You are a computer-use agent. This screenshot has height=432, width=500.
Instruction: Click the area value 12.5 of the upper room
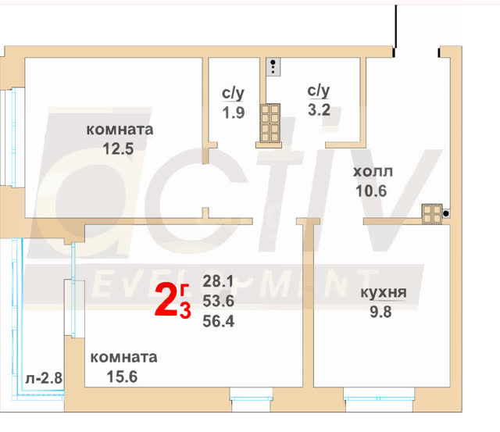pyautogui.click(x=118, y=148)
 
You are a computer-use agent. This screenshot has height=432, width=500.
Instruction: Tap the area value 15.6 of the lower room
pyautogui.click(x=122, y=377)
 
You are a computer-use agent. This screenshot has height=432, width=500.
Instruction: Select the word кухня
pyautogui.click(x=384, y=293)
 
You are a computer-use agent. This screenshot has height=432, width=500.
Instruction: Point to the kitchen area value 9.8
pyautogui.click(x=380, y=312)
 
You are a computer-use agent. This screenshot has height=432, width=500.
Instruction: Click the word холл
pyautogui.click(x=373, y=172)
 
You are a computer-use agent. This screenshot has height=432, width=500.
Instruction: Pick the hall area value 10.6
pyautogui.click(x=371, y=191)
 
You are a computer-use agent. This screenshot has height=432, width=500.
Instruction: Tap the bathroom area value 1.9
pyautogui.click(x=234, y=112)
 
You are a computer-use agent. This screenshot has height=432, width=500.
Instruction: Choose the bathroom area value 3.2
pyautogui.click(x=319, y=110)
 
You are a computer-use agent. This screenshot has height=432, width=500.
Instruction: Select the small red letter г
pyautogui.click(x=184, y=289)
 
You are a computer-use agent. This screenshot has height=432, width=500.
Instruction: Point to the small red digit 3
pyautogui.click(x=185, y=310)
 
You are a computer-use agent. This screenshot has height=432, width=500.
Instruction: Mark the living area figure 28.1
pyautogui.click(x=218, y=281)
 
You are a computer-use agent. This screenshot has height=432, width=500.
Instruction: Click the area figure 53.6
pyautogui.click(x=219, y=301)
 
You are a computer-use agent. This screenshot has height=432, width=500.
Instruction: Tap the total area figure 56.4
pyautogui.click(x=219, y=321)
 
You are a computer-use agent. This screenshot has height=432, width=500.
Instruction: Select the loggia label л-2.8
pyautogui.click(x=44, y=378)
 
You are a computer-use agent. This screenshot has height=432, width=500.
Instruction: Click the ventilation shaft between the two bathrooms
pyautogui.click(x=270, y=123)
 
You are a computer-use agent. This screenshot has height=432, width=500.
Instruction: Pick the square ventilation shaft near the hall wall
pyautogui.click(x=432, y=213)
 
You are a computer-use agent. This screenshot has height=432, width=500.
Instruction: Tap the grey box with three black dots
pyautogui.click(x=273, y=67)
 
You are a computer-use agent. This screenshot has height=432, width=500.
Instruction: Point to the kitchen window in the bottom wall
pyautogui.click(x=379, y=399)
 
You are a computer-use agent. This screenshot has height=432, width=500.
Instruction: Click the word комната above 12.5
pyautogui.click(x=120, y=130)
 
